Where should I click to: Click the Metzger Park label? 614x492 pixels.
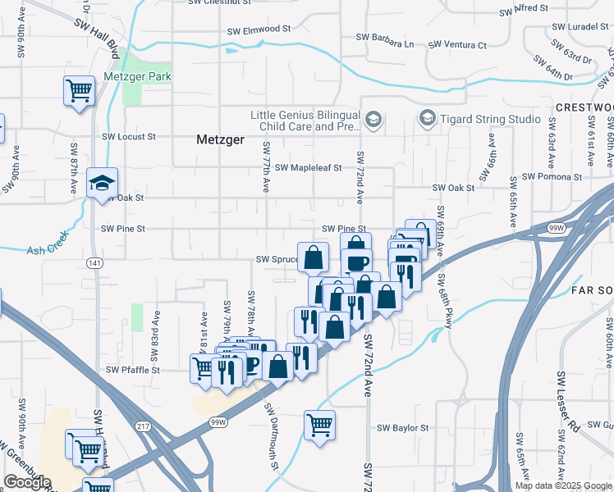coord(137,77)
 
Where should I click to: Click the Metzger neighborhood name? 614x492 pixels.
coord(221,139)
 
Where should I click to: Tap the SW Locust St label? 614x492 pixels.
coord(129,137)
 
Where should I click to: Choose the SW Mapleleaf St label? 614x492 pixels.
coord(308,167)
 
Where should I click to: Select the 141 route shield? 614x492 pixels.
coord(94,262)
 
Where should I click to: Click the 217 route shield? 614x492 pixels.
coord(144,426)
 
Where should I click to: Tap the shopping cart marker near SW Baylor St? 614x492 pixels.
coord(319,425)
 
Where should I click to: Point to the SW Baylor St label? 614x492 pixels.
coord(402,428)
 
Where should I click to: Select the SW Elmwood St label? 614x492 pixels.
coord(260,28)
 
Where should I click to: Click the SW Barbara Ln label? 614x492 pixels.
coord(384,38)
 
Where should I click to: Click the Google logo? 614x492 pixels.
coord(27,482)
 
